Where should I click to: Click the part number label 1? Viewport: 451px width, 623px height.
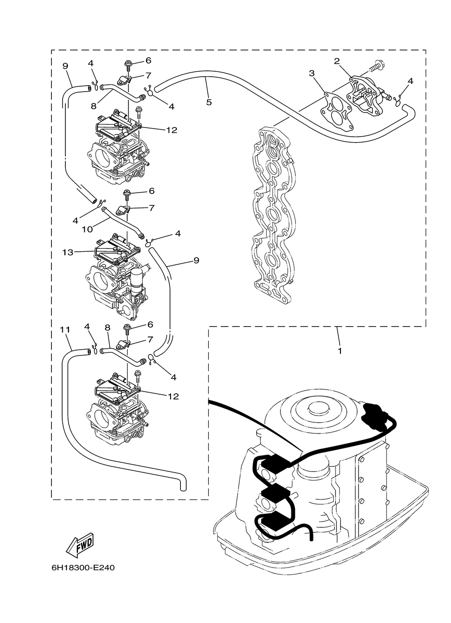pyautogui.click(x=340, y=351)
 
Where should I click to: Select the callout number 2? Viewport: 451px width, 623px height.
pyautogui.click(x=337, y=61)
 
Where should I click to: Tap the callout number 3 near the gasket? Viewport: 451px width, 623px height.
pyautogui.click(x=312, y=73)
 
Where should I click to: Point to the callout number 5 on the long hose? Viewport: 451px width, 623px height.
pyautogui.click(x=209, y=102)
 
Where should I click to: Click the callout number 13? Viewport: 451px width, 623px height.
pyautogui.click(x=68, y=253)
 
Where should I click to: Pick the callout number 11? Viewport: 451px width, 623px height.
pyautogui.click(x=65, y=330)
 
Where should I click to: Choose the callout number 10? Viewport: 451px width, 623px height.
pyautogui.click(x=87, y=229)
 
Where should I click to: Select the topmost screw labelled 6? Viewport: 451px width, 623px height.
pyautogui.click(x=128, y=65)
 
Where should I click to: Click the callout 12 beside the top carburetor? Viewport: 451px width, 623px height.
pyautogui.click(x=172, y=130)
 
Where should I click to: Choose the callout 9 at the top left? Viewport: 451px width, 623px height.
pyautogui.click(x=65, y=66)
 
